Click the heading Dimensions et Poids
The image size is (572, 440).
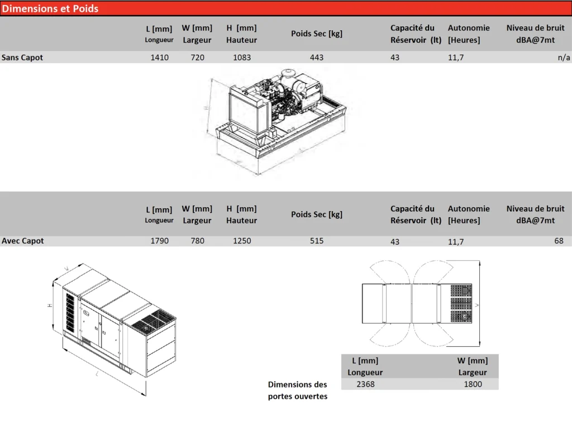tap(50, 8)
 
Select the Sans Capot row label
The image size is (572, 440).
tap(22, 57)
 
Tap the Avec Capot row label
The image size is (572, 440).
tap(22, 241)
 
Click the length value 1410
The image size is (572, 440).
tap(159, 57)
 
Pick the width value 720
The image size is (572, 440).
tap(197, 57)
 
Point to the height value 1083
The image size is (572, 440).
tap(242, 57)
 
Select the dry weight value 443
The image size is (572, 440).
tap(317, 57)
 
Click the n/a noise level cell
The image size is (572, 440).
tap(564, 57)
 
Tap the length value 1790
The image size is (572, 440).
tap(159, 241)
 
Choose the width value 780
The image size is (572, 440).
tap(197, 241)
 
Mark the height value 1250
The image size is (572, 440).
tap(242, 241)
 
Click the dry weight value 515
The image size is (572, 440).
tap(317, 241)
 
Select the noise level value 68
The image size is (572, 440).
tap(559, 241)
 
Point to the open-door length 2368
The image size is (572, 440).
tap(365, 384)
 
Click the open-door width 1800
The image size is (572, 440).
tap(473, 384)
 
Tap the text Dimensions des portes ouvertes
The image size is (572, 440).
tap(298, 390)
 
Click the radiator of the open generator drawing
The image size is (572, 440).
tap(244, 109)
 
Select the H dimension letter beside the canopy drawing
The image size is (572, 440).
tap(50, 305)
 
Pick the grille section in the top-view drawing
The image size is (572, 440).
tap(461, 304)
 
